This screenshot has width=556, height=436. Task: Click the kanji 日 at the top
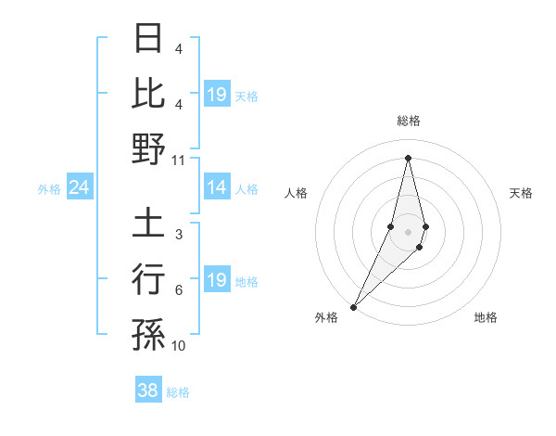[x=148, y=39]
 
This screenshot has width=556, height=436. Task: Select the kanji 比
[x=148, y=93]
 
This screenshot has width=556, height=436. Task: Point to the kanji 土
[x=148, y=223]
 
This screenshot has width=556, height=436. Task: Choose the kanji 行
[x=148, y=277]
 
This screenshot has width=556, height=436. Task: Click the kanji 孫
[x=148, y=333]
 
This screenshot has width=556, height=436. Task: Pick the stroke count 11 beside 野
[x=179, y=160]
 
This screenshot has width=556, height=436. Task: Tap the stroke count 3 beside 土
[x=179, y=235]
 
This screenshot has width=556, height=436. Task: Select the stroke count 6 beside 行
[x=179, y=290]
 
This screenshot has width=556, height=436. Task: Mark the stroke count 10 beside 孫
[x=179, y=346]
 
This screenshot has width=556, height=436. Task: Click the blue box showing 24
[x=80, y=188]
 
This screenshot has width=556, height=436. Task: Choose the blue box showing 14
[x=216, y=188]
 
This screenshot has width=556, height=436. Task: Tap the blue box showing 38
[x=148, y=391]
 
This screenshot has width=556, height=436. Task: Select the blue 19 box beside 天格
[x=216, y=95]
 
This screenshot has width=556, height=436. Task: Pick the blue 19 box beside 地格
[x=216, y=280]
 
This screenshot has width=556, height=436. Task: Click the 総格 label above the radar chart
[x=408, y=122]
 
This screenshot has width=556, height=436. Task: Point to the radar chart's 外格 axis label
[x=326, y=318]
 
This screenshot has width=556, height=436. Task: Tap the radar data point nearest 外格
[x=354, y=306]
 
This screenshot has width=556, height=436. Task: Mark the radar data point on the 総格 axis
[x=408, y=158]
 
